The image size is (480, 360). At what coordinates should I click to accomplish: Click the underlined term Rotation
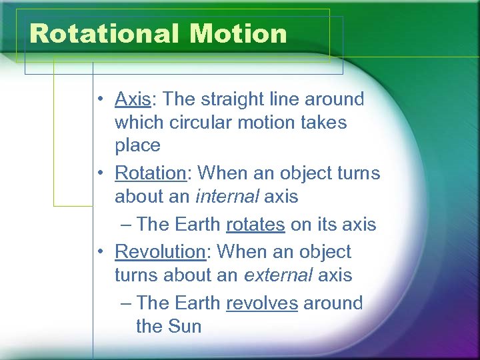150,173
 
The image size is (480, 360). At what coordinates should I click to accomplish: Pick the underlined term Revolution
159,252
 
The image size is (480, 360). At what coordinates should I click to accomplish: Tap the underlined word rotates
255,225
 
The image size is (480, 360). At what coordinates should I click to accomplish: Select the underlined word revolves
262,303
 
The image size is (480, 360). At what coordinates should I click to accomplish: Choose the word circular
199,123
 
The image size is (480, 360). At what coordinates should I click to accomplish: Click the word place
137,145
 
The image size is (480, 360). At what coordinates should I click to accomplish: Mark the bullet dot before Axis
98,100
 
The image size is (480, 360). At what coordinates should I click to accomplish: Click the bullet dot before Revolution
98,253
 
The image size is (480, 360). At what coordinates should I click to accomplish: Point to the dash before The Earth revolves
127,303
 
